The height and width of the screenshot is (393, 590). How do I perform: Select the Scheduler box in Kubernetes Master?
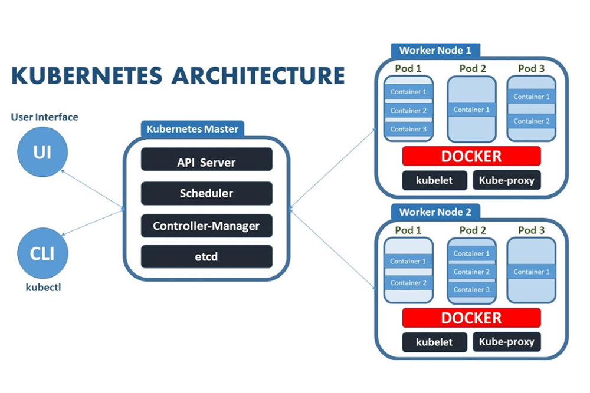pos(206,193)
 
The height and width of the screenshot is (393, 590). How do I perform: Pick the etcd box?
pos(206,257)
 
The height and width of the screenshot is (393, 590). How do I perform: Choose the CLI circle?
pos(42,254)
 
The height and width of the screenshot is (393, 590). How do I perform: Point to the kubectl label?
pos(42,288)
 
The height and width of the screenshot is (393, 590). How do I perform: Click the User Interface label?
pos(44,117)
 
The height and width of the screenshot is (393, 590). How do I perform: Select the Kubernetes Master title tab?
pos(192,129)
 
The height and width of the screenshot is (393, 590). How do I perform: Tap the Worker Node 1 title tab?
pos(435,51)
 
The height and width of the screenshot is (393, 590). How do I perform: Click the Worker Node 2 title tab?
pos(435,212)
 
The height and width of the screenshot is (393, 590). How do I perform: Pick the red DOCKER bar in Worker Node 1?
pos(471,156)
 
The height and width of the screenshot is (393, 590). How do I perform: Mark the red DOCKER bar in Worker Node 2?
pos(471,318)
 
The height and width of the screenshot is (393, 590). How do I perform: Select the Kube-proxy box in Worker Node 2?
pos(507,342)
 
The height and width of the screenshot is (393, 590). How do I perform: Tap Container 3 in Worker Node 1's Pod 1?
pos(408,129)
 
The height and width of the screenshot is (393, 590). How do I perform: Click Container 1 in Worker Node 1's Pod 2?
pos(471,110)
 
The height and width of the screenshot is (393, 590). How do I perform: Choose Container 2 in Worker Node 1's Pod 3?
pos(531,121)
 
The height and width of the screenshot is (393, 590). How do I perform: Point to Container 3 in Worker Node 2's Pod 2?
pos(471,289)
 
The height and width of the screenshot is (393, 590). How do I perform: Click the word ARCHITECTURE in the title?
pos(260,76)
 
